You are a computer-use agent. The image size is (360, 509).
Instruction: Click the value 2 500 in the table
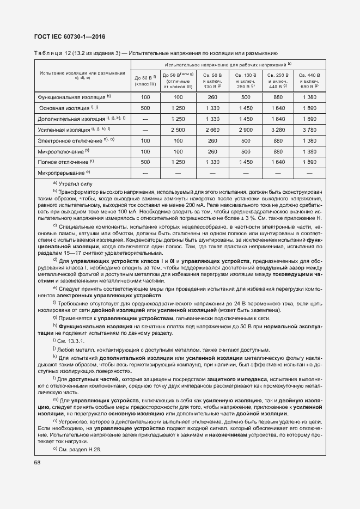pos(178,130)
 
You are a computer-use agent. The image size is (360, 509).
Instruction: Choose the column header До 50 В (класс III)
pos(145,81)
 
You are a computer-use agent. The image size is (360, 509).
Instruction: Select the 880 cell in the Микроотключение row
pos(278,151)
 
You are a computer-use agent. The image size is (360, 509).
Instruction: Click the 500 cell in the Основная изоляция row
pos(145,108)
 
